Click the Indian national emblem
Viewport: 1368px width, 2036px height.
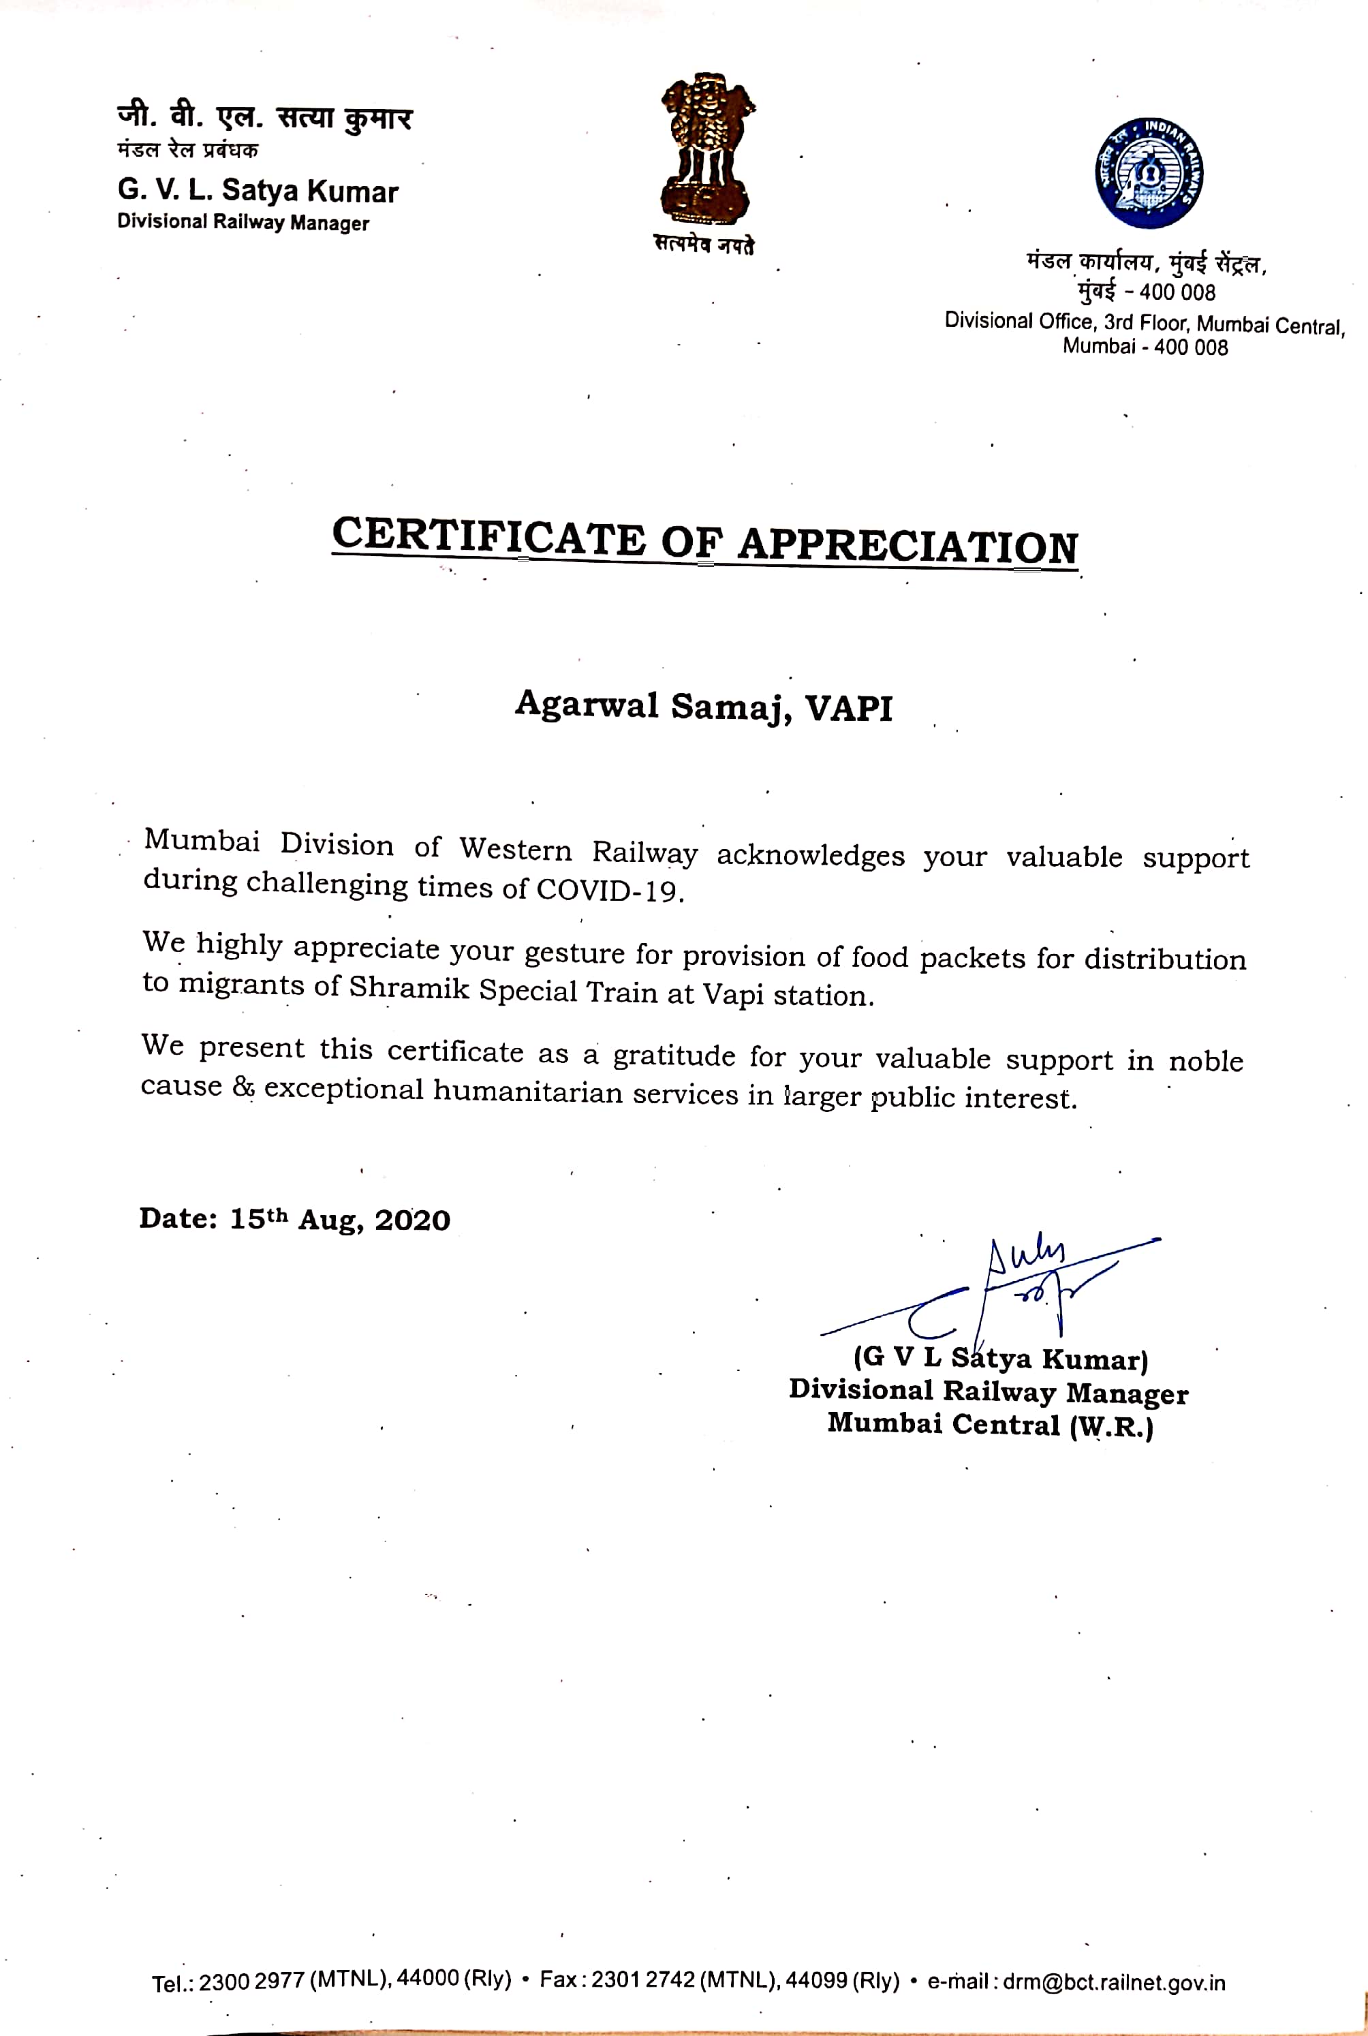click(x=706, y=150)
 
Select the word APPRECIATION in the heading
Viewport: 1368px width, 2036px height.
click(x=907, y=545)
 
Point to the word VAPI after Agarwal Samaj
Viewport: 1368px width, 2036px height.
click(x=849, y=707)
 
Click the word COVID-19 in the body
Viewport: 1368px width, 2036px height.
click(x=609, y=890)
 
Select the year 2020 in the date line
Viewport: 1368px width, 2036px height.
click(x=413, y=1220)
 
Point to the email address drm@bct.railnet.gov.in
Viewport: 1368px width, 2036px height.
click(x=1113, y=1983)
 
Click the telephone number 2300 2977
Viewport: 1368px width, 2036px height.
click(x=252, y=1982)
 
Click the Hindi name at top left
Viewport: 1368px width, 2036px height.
click(x=264, y=118)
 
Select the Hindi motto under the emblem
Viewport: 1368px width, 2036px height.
click(x=704, y=245)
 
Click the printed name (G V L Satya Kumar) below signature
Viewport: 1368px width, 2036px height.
click(x=1001, y=1358)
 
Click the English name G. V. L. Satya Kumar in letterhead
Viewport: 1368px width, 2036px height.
click(x=258, y=190)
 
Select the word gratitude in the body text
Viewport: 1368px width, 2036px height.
click(x=674, y=1056)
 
